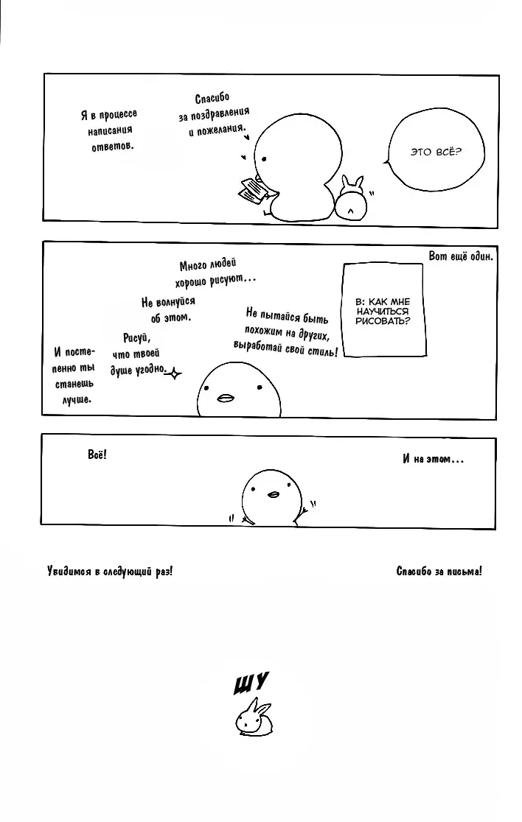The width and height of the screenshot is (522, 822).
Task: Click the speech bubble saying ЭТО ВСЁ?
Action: pyautogui.click(x=435, y=152)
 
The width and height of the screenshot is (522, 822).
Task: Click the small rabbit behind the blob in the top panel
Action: pyautogui.click(x=351, y=197)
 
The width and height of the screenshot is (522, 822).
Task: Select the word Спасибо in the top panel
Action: pyautogui.click(x=212, y=98)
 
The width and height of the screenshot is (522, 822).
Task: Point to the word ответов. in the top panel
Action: pyautogui.click(x=113, y=147)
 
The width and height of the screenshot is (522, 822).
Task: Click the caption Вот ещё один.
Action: pyautogui.click(x=461, y=256)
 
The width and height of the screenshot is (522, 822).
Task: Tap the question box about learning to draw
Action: pyautogui.click(x=383, y=310)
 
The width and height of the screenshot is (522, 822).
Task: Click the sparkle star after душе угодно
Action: pyautogui.click(x=174, y=373)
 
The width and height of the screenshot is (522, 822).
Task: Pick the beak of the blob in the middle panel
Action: pyautogui.click(x=226, y=398)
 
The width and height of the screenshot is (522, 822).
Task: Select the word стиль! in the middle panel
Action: pyautogui.click(x=323, y=351)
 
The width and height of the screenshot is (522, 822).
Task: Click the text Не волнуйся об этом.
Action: pyautogui.click(x=169, y=309)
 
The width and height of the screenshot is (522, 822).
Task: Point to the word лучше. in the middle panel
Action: pyautogui.click(x=77, y=399)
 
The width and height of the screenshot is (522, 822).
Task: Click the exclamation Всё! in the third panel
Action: pyautogui.click(x=97, y=454)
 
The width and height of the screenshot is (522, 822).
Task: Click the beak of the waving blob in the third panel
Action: pyautogui.click(x=273, y=493)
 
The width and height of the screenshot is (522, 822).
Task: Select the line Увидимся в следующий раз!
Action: pyautogui.click(x=110, y=571)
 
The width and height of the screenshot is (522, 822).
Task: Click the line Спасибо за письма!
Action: pyautogui.click(x=439, y=571)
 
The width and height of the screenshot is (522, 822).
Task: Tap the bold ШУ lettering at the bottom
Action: pyautogui.click(x=251, y=683)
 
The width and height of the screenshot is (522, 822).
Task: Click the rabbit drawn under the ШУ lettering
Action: pyautogui.click(x=254, y=717)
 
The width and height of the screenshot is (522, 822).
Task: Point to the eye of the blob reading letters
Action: pyautogui.click(x=264, y=159)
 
